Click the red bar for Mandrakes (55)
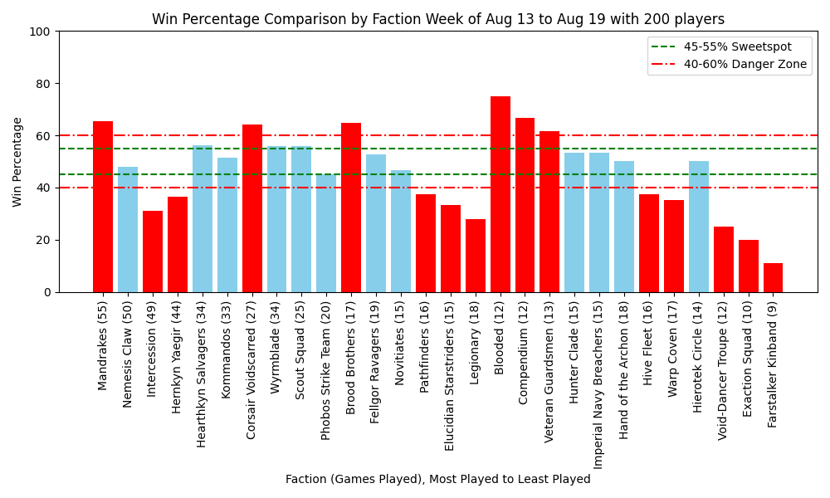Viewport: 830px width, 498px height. point(103,207)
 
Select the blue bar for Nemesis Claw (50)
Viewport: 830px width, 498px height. point(128,229)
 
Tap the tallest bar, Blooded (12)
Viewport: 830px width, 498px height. point(500,194)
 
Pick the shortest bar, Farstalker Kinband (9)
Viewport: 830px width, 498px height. point(774,278)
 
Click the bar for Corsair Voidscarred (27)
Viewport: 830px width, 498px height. point(252,208)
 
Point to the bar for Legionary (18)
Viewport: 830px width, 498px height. point(476,256)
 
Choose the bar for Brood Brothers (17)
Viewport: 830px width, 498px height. point(351,207)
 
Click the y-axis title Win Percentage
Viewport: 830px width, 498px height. point(17,162)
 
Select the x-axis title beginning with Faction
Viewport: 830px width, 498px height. point(437,480)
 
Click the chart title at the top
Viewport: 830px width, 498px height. point(437,19)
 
